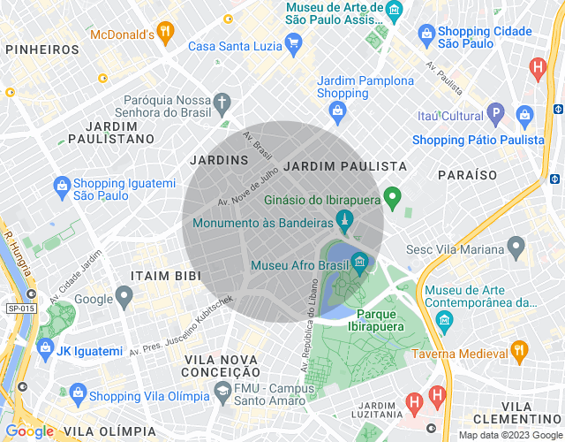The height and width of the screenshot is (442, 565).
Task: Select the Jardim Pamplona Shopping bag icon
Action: coord(336,110)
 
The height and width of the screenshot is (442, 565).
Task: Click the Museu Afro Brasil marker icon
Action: coord(359,262)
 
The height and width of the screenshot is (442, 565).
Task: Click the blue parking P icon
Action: coord(497,114)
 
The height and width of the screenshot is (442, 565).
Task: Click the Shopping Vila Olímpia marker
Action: coord(78,392)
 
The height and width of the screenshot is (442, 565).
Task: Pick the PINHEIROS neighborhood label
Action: coord(41,50)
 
